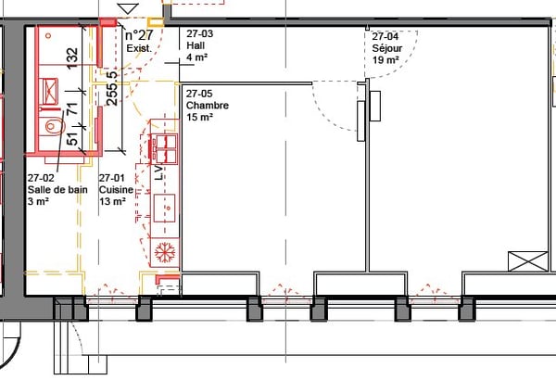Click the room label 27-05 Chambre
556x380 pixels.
(208, 105)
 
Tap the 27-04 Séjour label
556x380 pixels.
(386, 48)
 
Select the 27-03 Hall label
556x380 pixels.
(200, 45)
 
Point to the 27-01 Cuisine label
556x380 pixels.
(116, 189)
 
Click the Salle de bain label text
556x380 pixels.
(57, 189)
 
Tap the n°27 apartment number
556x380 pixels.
(139, 35)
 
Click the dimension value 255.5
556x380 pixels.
(112, 88)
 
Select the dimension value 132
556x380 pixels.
(72, 58)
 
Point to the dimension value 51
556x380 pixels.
(72, 139)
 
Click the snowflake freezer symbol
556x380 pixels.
(165, 253)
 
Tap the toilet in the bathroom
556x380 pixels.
(52, 125)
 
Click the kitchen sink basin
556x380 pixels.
(164, 208)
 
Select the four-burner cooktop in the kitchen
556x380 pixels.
(164, 148)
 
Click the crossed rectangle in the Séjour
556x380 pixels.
(527, 261)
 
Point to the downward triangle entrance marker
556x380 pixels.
(128, 8)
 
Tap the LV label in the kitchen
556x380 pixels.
(158, 172)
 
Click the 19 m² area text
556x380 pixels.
(385, 60)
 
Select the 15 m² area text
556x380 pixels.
(199, 117)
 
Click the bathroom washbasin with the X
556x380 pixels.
(50, 91)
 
